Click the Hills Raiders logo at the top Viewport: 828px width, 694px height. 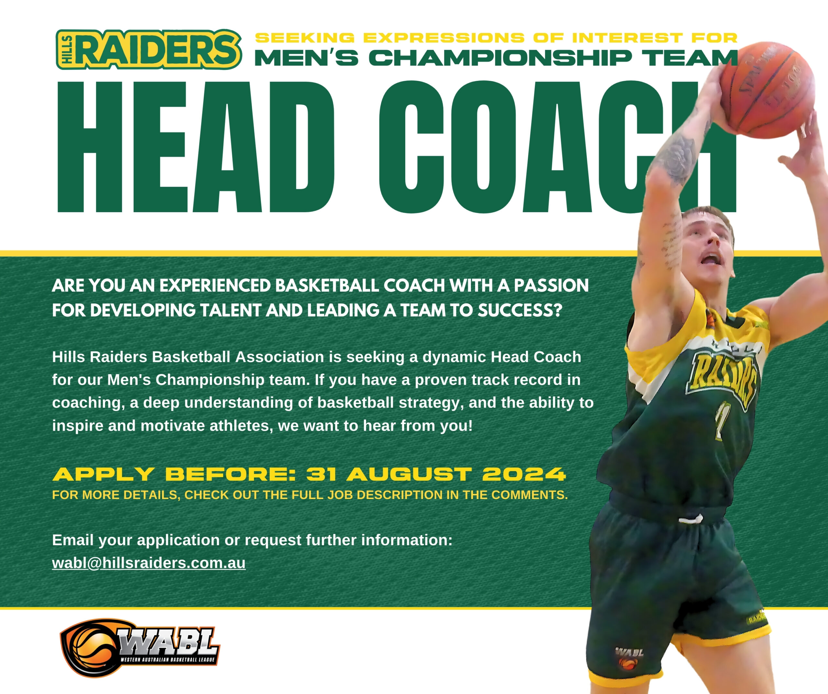pyautogui.click(x=149, y=49)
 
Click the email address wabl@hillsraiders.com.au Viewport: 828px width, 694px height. pyautogui.click(x=149, y=563)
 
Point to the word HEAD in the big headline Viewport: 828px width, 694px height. pyautogui.click(x=196, y=147)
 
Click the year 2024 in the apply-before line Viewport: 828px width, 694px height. pyautogui.click(x=524, y=474)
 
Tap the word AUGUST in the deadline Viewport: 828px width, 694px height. pyautogui.click(x=409, y=474)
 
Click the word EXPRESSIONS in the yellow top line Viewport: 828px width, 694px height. pyautogui.click(x=444, y=38)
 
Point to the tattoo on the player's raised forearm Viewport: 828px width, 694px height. pyautogui.click(x=677, y=158)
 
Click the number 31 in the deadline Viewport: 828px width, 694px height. pyautogui.click(x=321, y=474)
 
